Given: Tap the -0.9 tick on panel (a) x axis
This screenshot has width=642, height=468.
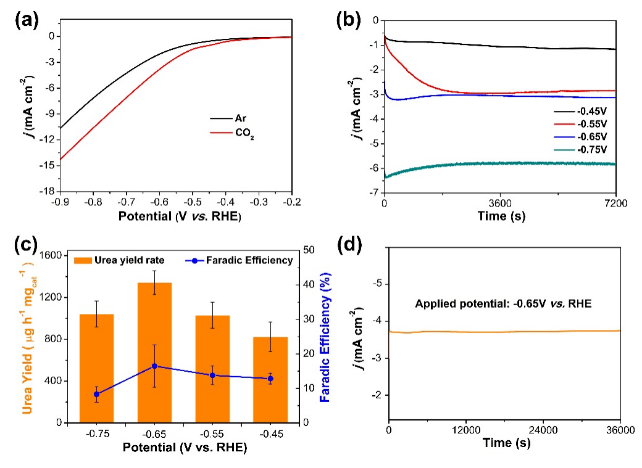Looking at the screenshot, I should coord(60,201).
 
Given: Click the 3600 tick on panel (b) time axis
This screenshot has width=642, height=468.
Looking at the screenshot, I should coord(500,202).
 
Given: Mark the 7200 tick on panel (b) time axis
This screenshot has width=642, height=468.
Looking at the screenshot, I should coord(615,202).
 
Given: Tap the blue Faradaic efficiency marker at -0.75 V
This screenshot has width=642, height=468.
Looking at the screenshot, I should coord(97,394).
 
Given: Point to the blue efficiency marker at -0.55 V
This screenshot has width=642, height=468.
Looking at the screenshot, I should coord(213,375).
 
